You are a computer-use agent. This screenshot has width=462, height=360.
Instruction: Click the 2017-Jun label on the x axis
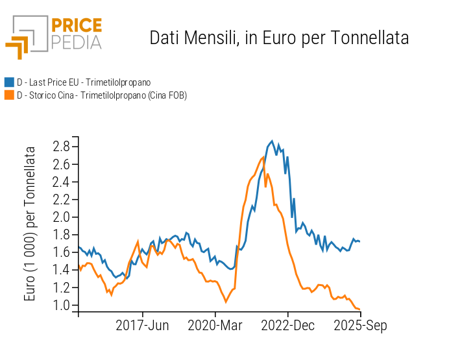(142, 326)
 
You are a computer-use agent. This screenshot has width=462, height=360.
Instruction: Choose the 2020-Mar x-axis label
(215, 326)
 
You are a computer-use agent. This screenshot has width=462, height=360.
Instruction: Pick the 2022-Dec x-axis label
(288, 326)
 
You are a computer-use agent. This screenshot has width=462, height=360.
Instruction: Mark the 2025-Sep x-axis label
(361, 326)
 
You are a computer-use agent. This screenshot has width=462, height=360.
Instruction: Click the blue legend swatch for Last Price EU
(9, 82)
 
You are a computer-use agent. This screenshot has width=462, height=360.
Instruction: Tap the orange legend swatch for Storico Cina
(9, 95)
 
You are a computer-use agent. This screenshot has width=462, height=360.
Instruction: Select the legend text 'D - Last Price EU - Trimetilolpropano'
(84, 82)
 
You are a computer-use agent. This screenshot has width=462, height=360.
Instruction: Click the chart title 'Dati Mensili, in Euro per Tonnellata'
(279, 38)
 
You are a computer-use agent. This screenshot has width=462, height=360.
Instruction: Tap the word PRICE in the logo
(77, 26)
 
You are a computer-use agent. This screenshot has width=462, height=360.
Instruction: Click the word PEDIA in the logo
(77, 42)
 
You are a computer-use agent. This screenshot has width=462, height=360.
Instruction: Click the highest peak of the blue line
(272, 140)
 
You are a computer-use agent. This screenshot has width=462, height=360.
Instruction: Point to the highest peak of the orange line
(263, 157)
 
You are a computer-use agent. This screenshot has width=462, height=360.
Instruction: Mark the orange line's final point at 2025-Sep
(360, 309)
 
